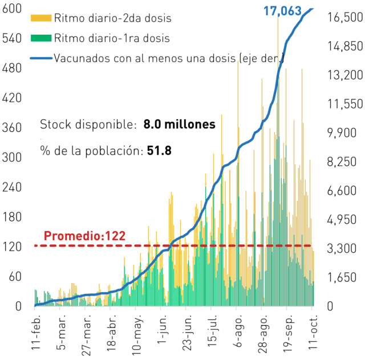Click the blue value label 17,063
(x=282, y=11)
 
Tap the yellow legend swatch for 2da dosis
(x=41, y=18)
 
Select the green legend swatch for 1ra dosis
(x=41, y=38)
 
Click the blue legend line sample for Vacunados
(x=41, y=58)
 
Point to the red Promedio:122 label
(x=85, y=236)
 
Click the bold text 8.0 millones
(x=179, y=124)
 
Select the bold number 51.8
(x=159, y=151)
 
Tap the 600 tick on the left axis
(x=12, y=9)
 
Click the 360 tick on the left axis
(x=12, y=128)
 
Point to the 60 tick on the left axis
(x=15, y=276)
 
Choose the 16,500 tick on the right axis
(x=345, y=17)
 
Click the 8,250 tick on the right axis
(x=342, y=161)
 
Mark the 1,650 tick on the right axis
(x=342, y=277)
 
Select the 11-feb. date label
(x=36, y=332)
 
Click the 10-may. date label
(x=137, y=335)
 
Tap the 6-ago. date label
(x=238, y=331)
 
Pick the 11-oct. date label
(x=313, y=332)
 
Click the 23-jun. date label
(x=188, y=333)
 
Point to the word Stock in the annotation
(x=55, y=124)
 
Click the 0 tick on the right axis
(x=330, y=306)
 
